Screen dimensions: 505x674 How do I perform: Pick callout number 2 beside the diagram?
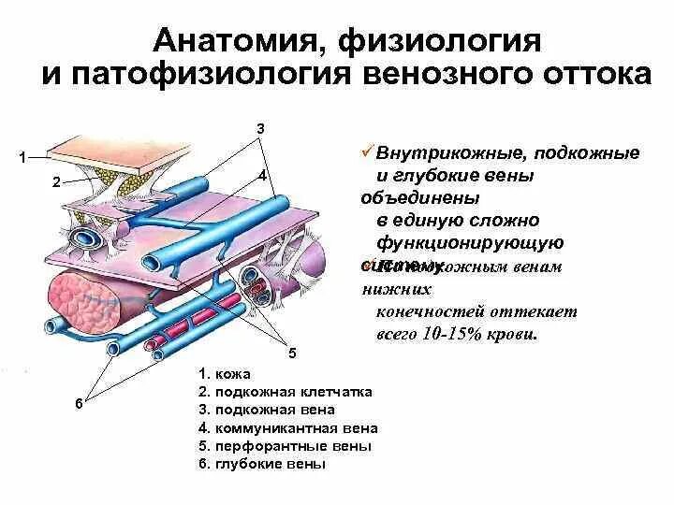56,183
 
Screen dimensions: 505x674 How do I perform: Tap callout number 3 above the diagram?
260,127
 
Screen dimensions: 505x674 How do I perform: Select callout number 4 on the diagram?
263,176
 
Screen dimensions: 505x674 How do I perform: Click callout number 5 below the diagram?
291,353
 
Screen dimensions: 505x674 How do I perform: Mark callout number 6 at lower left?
79,403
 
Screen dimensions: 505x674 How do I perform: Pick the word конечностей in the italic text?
428,311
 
